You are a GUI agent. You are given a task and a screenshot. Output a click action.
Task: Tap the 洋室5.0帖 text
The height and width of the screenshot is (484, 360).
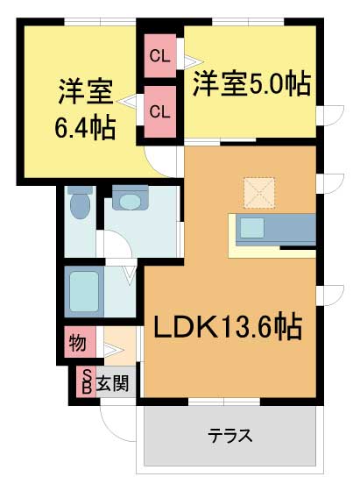coord(251,85)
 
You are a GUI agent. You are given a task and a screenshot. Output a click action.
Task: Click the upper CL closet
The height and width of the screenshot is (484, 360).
coord(159,57)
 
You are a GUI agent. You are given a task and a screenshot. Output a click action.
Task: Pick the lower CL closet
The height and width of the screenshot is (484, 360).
coord(159,111)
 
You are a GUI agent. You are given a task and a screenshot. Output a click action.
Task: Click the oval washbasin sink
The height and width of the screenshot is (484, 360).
coord(130,203)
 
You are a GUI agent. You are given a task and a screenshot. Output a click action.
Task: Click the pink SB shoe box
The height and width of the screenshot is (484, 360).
coord(86,381)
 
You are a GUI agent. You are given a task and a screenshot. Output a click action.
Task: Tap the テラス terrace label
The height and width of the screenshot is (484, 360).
coord(230,435)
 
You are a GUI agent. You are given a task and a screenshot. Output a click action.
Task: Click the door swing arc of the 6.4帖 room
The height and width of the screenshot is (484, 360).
coord(161,160)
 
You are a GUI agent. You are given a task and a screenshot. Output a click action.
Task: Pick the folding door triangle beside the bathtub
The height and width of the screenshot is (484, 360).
coord(129,275)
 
